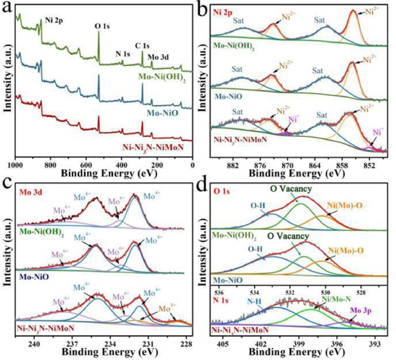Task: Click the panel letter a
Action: (7, 8)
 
